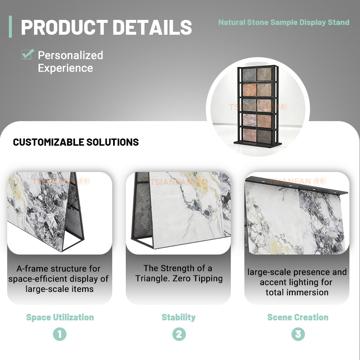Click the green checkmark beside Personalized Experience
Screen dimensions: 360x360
pyautogui.click(x=28, y=54)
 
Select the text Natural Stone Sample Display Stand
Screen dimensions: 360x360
pyautogui.click(x=284, y=22)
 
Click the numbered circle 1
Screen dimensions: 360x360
pyautogui.click(x=60, y=334)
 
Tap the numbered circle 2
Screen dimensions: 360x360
pyautogui.click(x=179, y=334)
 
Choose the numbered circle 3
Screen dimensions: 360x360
pyautogui.click(x=298, y=334)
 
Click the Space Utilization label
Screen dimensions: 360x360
pyautogui.click(x=60, y=317)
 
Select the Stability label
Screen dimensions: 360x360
pyautogui.click(x=178, y=317)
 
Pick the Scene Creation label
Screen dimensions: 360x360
pyautogui.click(x=298, y=317)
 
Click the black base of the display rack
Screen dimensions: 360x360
pyautogui.click(x=258, y=144)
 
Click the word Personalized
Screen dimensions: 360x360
pyautogui.click(x=70, y=55)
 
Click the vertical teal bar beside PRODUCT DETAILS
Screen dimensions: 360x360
pyautogui.click(x=11, y=27)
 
